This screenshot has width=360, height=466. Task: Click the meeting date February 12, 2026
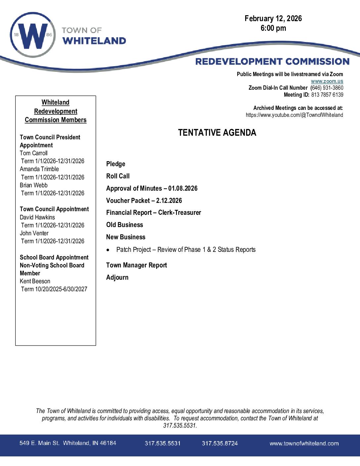click(x=273, y=19)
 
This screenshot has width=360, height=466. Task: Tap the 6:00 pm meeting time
click(x=273, y=28)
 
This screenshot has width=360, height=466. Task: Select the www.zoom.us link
click(x=327, y=81)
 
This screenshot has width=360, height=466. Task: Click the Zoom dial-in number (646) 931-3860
click(x=327, y=88)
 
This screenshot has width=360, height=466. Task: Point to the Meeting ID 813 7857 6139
click(x=327, y=95)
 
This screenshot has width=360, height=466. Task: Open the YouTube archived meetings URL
click(x=294, y=115)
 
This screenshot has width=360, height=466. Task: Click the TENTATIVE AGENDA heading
click(x=217, y=133)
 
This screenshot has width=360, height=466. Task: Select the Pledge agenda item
click(x=115, y=164)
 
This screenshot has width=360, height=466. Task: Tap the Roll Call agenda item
click(x=118, y=176)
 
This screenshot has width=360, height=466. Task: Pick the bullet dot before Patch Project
click(x=108, y=250)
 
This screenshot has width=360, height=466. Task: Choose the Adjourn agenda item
click(x=117, y=277)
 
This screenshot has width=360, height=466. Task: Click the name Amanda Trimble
click(x=39, y=169)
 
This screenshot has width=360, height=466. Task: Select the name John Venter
click(x=34, y=233)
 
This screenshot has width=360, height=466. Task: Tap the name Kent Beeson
click(x=35, y=281)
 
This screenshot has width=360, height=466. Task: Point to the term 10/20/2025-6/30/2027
click(x=61, y=289)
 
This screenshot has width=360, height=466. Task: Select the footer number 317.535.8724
click(x=220, y=443)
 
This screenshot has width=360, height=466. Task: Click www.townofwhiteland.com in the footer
click(x=304, y=443)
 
